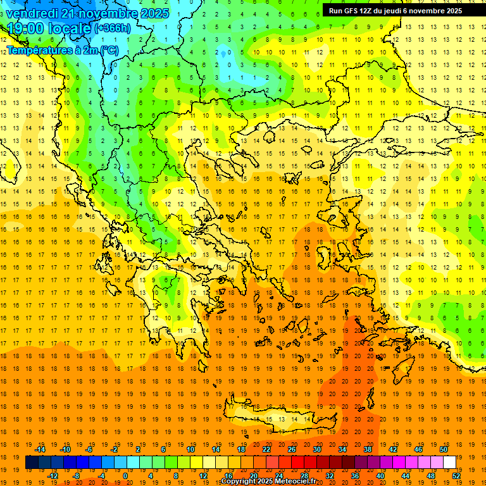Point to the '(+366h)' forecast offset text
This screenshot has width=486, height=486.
click(113, 28)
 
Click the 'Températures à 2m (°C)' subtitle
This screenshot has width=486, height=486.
click(62, 49)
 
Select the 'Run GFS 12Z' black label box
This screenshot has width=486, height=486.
click(395, 10)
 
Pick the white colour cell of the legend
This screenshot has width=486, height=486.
click(449, 462)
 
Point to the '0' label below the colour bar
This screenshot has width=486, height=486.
click(125, 475)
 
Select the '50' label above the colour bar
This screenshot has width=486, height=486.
click(443, 449)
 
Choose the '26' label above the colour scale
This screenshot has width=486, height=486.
click(291, 449)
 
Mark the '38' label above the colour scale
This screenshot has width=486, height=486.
click(367, 449)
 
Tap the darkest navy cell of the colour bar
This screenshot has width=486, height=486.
click(32, 462)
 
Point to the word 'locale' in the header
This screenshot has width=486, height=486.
click(69, 28)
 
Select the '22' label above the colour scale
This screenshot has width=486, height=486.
click(266, 449)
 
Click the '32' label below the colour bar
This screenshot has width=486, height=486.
click(329, 475)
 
